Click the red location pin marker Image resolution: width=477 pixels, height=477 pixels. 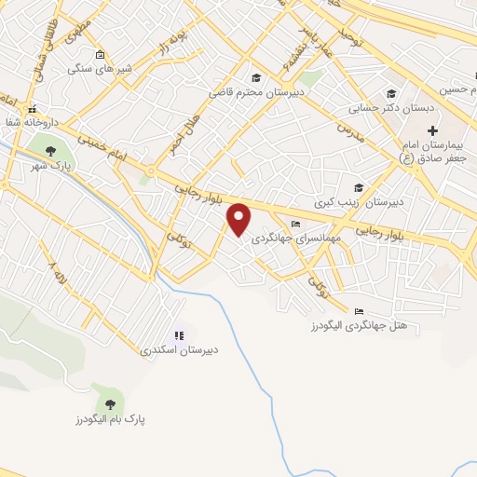coord(239,219)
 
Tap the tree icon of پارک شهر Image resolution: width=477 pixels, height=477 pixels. coord(45,151)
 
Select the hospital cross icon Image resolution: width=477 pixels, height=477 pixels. coord(432,129)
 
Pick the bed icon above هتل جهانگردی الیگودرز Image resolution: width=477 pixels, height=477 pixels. coord(359,312)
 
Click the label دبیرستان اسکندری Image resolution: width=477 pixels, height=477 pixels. coord(180,350)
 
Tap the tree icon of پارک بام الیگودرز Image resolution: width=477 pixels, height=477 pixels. coord(111,402)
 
